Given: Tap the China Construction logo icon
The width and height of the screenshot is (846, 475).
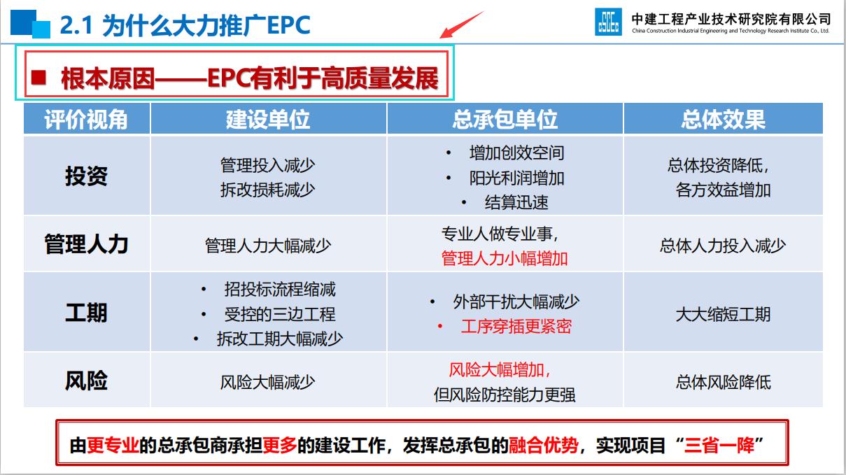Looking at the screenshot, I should [x=608, y=22].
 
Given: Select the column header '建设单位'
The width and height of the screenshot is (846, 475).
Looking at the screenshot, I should [x=268, y=119].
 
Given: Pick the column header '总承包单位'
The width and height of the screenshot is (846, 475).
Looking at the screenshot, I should [x=505, y=119].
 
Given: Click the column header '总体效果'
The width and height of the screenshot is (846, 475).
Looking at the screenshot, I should [x=723, y=119].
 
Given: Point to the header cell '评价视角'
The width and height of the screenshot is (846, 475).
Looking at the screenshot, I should [x=86, y=119].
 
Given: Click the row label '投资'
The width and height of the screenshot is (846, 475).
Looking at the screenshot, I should [x=86, y=176].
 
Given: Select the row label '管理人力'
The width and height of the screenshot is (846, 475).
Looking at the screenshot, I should [x=86, y=244].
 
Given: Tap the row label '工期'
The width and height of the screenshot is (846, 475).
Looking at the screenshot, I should [x=86, y=312].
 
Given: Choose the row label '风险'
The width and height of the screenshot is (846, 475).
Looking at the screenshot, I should [x=86, y=381].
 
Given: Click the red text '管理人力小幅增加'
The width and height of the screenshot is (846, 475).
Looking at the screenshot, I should [x=505, y=258].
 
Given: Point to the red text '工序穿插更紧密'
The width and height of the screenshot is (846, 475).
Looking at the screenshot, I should [x=516, y=326].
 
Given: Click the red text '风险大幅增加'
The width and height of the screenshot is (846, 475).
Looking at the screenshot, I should [x=500, y=369].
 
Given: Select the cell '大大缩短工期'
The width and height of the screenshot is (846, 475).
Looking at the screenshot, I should [x=723, y=313].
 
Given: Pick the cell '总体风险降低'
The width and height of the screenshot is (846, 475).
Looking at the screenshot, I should [x=723, y=382].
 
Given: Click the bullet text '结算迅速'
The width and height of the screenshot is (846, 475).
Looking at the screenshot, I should [x=516, y=202].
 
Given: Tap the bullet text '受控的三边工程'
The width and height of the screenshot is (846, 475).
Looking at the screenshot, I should [x=279, y=314].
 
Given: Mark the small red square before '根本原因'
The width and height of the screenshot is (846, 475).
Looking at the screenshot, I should [x=40, y=76].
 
